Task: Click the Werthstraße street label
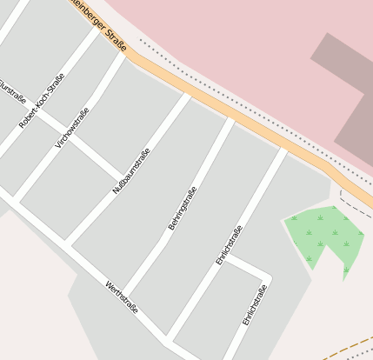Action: point(122,297)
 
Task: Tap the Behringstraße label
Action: point(183,208)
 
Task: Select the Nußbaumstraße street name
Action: point(132,170)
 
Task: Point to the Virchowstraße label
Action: point(72,127)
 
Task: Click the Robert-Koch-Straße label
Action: point(42,101)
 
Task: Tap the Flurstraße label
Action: point(11,90)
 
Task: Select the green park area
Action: point(323,236)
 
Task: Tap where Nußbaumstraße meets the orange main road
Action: point(186,93)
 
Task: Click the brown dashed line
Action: point(348,343)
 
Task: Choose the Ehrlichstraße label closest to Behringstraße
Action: point(229,244)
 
